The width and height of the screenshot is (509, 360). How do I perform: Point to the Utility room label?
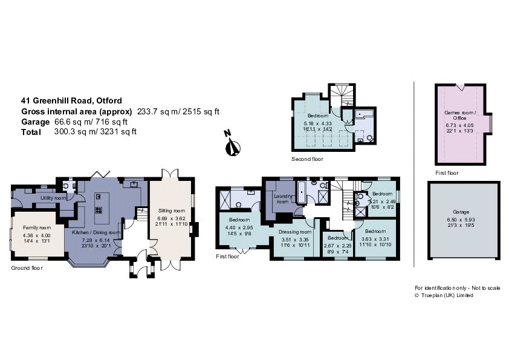tap(53, 198)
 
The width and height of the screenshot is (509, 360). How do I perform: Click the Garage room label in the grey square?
tap(460, 220)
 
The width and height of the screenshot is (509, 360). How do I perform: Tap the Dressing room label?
tap(296, 232)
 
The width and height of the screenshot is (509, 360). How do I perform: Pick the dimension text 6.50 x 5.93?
tap(460, 229)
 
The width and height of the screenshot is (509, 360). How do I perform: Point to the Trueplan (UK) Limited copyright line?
tap(444, 295)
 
